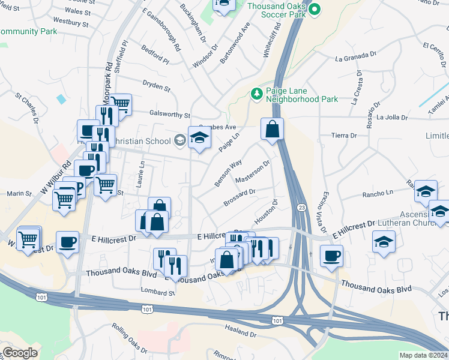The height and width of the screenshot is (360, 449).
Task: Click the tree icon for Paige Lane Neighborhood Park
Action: [257, 94]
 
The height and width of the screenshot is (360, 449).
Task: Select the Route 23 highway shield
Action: [300, 207]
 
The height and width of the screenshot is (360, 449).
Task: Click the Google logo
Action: [20, 353]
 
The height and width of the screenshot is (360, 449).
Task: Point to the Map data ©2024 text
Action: [424, 355]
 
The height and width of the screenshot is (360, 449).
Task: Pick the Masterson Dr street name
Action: [253, 172]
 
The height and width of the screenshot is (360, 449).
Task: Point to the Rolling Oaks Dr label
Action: [129, 338]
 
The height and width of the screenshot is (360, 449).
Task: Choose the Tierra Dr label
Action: [345, 136]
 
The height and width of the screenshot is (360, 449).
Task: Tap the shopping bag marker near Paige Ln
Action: [272, 128]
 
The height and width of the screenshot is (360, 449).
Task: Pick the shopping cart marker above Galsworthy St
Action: [121, 104]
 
